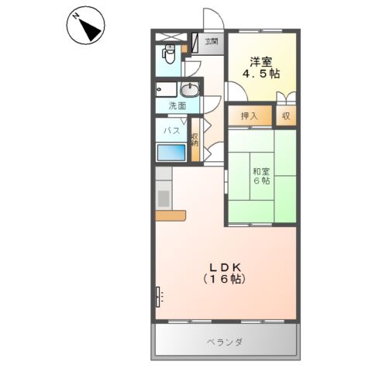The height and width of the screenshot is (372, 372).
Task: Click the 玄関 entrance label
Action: pos(211,41)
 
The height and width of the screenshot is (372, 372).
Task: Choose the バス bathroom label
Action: pos(172,131)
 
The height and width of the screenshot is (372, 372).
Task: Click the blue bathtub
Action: pos(172,152)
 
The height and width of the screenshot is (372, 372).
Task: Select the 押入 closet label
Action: pos(249,115)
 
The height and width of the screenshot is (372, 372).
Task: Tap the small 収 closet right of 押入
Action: pos(285,115)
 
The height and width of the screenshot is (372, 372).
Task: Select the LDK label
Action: pos(225,266)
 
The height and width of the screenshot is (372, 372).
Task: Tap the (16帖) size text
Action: pos(225,279)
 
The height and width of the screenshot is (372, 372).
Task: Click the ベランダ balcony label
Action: pos(226,341)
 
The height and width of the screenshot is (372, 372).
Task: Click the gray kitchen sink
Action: pos(164,197)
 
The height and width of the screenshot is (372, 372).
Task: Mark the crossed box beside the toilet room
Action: pos(171,36)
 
